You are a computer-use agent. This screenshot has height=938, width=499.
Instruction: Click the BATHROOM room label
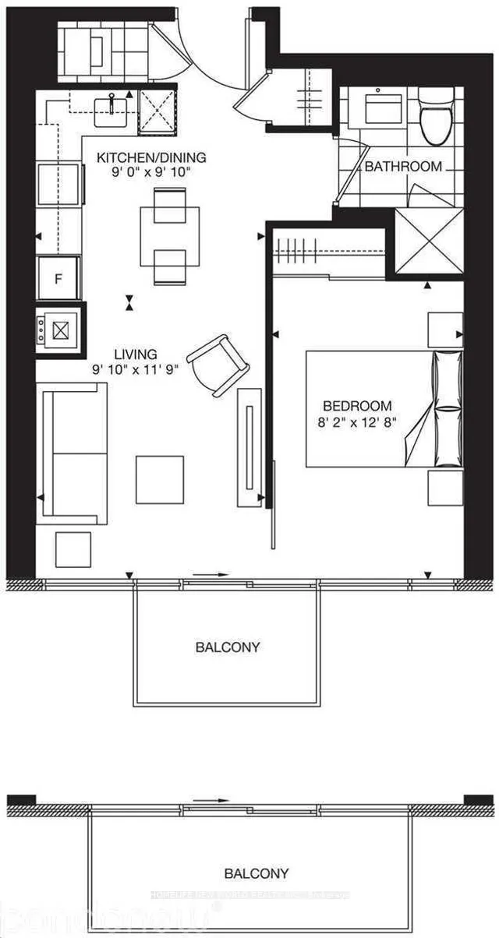click(403, 166)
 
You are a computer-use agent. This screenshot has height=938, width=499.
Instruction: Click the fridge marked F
click(58, 278)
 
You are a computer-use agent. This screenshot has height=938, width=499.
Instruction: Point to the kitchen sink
click(113, 109)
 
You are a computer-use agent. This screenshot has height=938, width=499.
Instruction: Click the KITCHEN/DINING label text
click(151, 158)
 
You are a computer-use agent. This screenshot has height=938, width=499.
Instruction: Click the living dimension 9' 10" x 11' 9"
click(134, 370)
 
